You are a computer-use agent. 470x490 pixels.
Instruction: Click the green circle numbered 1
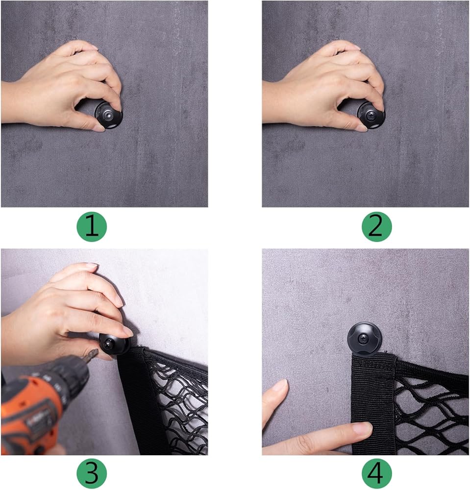coord(92,226)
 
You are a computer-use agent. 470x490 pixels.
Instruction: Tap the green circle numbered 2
coord(376,226)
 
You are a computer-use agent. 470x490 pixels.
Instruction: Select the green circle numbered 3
coord(92,473)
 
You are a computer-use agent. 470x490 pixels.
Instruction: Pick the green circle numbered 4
coord(376,473)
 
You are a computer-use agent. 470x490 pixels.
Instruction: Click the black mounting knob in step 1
coord(109,115)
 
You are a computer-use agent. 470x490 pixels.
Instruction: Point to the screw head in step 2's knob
coord(371,115)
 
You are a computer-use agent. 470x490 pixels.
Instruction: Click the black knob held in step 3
coord(113,343)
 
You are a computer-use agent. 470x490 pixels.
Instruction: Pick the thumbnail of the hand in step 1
coord(100,128)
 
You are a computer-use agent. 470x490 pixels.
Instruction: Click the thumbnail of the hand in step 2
coord(361,128)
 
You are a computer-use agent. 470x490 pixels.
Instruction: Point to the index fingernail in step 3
coord(127,331)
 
